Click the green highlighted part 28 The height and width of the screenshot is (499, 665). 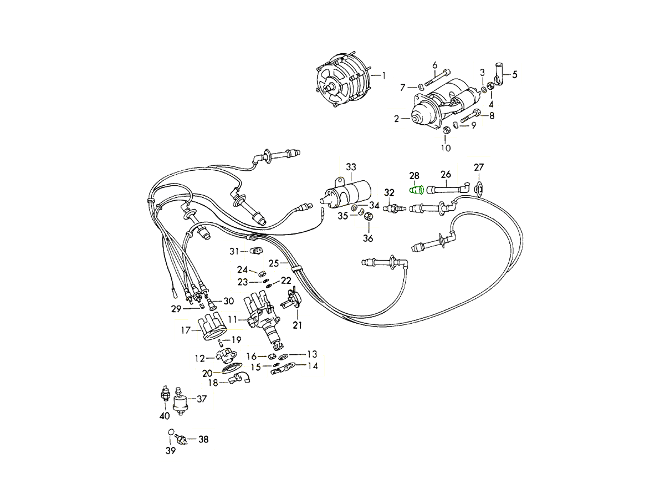(x=417, y=190)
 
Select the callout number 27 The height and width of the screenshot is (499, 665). (x=479, y=167)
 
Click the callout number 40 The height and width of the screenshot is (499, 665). (x=164, y=416)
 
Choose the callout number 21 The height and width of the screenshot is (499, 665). (x=298, y=325)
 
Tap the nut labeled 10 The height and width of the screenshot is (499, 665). (x=446, y=131)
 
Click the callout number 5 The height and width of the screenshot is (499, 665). (x=514, y=74)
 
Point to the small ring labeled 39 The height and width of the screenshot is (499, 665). (x=171, y=433)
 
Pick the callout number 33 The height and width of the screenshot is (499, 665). (x=351, y=167)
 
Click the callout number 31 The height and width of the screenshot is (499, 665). (x=234, y=251)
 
